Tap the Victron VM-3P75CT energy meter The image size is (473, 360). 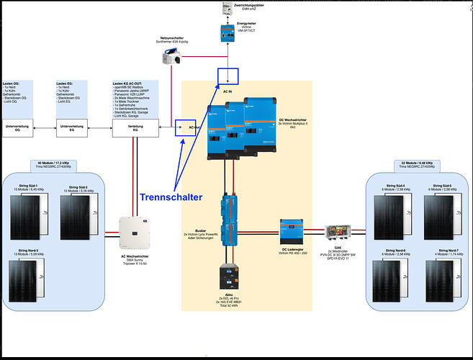click(228, 32)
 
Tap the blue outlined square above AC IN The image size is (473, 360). click(228, 76)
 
